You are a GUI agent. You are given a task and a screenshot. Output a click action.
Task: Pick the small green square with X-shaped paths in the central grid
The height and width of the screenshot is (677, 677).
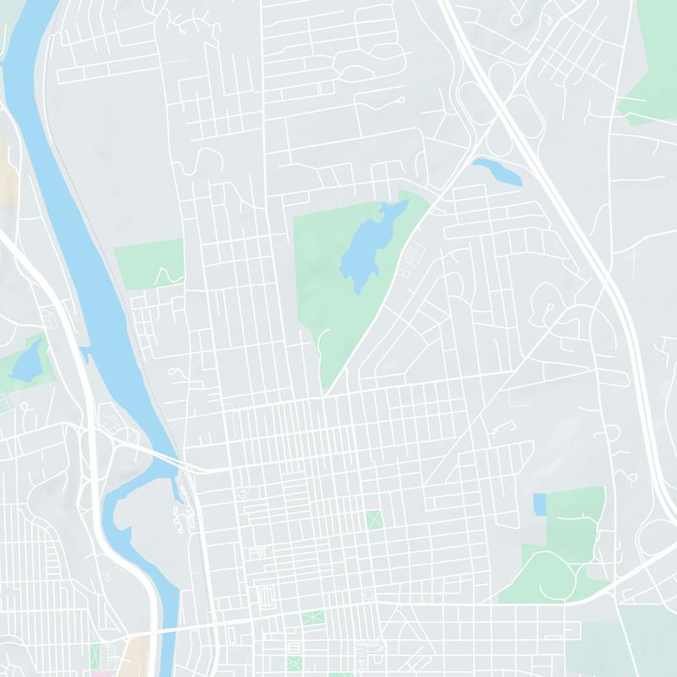tap(373, 517)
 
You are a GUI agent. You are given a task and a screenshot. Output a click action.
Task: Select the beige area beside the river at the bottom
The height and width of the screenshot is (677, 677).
tap(135, 652)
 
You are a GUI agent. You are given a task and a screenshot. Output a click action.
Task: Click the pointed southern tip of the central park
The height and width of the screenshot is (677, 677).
tap(325, 389)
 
